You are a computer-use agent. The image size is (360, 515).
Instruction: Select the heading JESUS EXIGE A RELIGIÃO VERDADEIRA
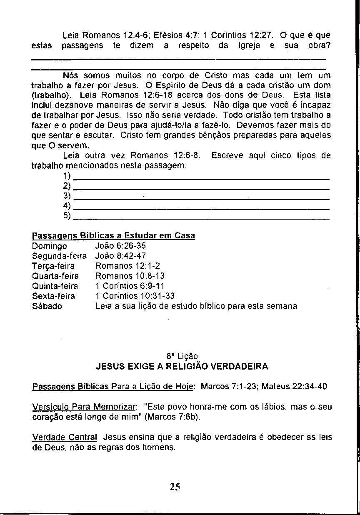(182, 367)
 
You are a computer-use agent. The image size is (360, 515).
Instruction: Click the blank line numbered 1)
(204, 179)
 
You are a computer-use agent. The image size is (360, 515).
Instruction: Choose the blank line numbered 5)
(204, 218)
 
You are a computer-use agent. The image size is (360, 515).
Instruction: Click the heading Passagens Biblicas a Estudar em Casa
(113, 236)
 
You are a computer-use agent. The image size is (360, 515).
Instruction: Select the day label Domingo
(49, 246)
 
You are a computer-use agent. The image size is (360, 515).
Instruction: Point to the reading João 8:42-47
(120, 256)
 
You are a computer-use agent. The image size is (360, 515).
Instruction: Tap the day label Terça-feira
(53, 266)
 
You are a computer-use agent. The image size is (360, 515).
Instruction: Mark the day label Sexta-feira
(53, 296)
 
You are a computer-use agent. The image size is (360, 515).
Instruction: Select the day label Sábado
(47, 306)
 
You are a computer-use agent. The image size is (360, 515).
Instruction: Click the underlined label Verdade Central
(65, 438)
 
